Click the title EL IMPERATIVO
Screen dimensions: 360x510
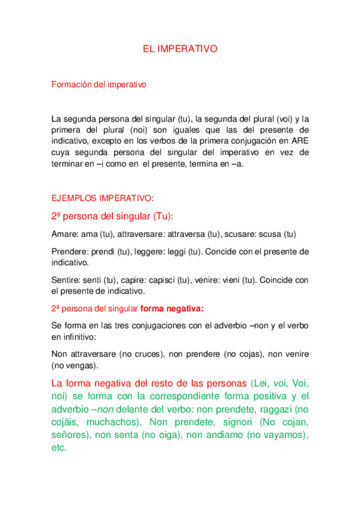180,50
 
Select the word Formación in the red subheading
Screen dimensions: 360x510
72,85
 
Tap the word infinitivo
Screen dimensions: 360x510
79,337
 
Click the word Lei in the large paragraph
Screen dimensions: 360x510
263,383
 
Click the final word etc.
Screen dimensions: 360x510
59,447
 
